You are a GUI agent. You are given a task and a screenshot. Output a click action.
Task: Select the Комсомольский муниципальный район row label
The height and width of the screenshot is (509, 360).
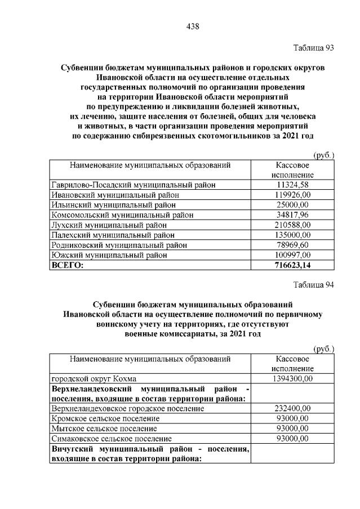coord(122,215)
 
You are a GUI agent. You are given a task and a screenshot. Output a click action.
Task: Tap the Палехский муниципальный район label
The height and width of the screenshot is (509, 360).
coord(113,235)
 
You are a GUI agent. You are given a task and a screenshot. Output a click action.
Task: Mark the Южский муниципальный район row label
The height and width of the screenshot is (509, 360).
coord(109,255)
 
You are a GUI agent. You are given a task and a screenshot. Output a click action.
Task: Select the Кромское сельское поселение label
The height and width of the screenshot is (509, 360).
coord(105,418)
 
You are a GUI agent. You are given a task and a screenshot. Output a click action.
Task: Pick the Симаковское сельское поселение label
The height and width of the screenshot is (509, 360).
coord(111,439)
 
